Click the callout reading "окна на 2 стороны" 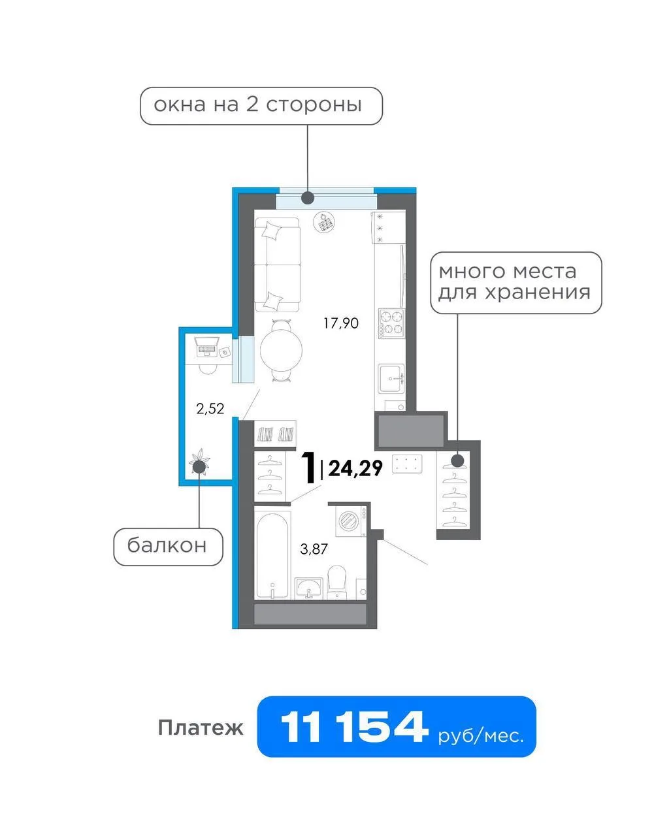point(261,106)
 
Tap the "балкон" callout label point(168,547)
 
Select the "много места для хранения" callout point(516,282)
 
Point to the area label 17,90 point(341,323)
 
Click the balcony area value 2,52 point(210,409)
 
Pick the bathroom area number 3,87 point(314,549)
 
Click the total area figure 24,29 point(355,468)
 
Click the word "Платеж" point(201,728)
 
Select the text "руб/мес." point(481,736)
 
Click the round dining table point(281,350)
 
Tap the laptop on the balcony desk point(207,347)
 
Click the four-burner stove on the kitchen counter point(391,323)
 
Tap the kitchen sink point(392,378)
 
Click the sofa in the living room point(278,265)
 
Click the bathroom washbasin point(308,588)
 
